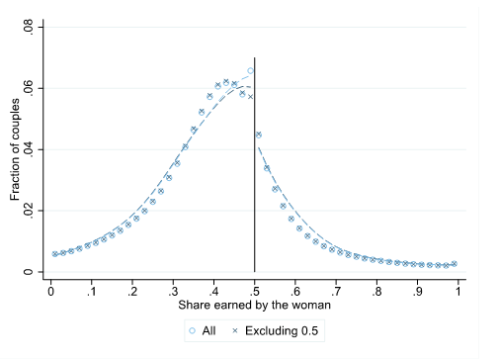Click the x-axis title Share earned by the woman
pos(255,304)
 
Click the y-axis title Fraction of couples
pos(16,148)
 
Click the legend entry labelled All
pos(208,330)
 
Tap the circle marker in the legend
pos(192,330)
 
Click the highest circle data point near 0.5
pos(250,71)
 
